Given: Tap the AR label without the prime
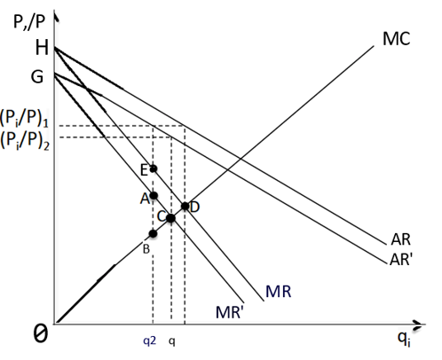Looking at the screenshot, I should pos(399,240).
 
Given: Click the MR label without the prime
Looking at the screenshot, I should pos(279,292).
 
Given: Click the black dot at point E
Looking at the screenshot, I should pos(154,168).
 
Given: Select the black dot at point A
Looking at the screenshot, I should pos(154,196).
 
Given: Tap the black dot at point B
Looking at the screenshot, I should pos(153,233).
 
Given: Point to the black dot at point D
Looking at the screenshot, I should pos(185,207).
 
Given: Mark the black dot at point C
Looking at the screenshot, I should pos(170,218).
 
